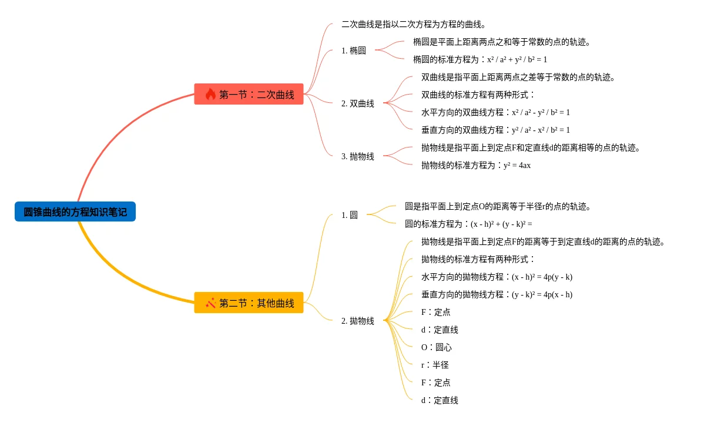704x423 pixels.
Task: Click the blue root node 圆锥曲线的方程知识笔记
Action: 75,211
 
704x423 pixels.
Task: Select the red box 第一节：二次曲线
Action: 249,94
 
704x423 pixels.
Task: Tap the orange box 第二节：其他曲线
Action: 249,303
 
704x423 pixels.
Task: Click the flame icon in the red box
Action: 210,94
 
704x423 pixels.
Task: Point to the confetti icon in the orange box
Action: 210,303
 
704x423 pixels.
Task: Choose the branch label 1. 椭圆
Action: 353,51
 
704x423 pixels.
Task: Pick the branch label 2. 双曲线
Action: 357,103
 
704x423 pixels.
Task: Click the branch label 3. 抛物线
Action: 357,156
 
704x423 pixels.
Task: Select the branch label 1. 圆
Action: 349,215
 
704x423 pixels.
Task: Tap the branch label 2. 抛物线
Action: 357,321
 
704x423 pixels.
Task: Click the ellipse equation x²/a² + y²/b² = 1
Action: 517,59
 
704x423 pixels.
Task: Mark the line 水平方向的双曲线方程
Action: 495,112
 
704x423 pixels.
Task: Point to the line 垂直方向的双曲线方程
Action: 495,130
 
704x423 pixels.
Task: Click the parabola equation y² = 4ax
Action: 517,165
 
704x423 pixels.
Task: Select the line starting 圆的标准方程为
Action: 468,224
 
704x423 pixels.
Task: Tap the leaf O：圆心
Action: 437,347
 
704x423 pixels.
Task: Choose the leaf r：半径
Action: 435,365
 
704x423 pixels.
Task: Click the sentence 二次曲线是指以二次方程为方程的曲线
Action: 414,24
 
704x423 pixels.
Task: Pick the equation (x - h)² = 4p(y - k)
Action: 542,277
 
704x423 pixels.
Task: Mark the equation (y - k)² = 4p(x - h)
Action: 542,294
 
